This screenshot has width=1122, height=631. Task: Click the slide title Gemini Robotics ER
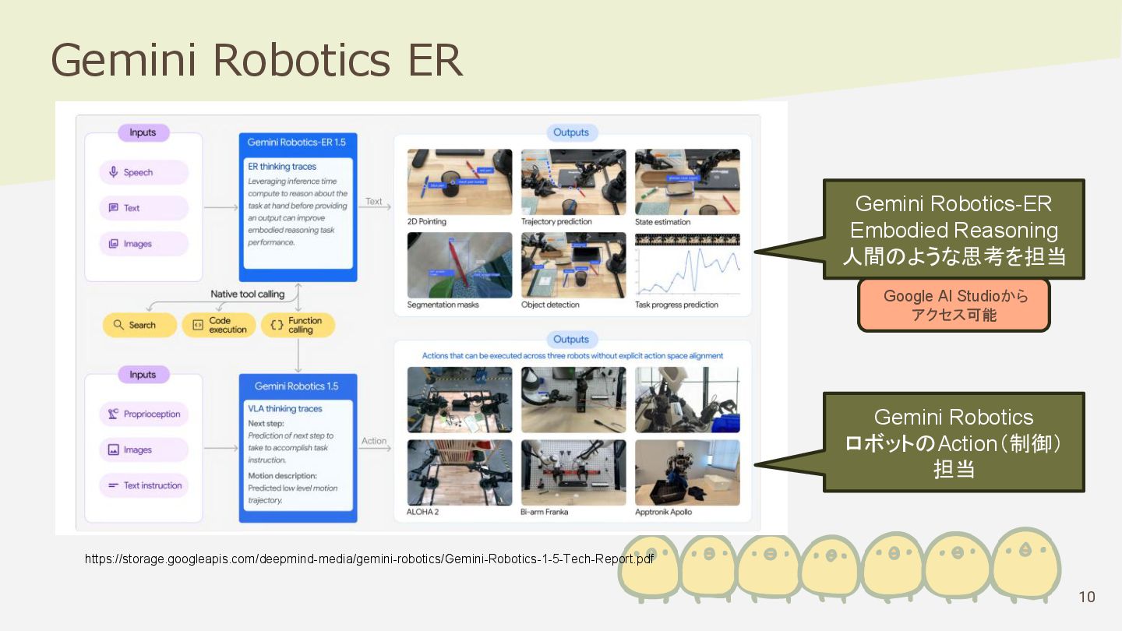[x=256, y=60]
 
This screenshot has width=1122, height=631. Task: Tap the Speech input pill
[x=143, y=172]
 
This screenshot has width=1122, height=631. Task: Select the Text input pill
[x=143, y=208]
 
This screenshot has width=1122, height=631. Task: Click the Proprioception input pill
[x=143, y=414]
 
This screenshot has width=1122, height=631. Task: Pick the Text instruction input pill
[x=143, y=485]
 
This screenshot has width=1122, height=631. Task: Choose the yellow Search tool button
[x=139, y=325]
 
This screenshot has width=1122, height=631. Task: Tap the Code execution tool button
[x=219, y=325]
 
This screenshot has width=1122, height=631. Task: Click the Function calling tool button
[x=298, y=325]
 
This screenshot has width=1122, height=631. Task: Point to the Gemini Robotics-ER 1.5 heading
[x=298, y=143]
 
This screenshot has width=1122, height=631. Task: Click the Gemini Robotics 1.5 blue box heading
[x=296, y=386]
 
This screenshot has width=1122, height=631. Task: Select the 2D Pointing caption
[x=427, y=222]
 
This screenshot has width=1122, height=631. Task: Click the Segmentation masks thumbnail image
[x=460, y=265]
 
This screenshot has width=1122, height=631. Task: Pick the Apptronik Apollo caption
[x=663, y=512]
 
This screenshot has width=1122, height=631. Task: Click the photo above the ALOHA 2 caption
[x=460, y=473]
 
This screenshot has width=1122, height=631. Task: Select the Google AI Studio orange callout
[x=954, y=305]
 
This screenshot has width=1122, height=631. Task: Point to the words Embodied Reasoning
[x=954, y=231]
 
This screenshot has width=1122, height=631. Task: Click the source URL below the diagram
[x=369, y=559]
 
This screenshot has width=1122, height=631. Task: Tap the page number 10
[x=1086, y=597]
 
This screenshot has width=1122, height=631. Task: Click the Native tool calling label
[x=247, y=294]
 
